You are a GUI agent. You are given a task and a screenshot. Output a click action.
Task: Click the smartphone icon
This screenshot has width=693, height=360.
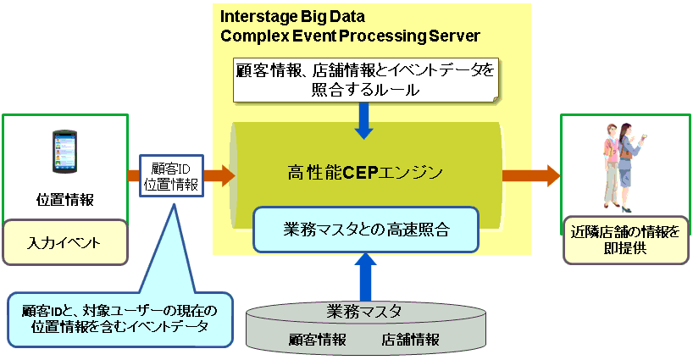click(64, 152)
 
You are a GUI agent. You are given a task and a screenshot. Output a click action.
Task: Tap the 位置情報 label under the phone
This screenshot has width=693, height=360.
click(65, 200)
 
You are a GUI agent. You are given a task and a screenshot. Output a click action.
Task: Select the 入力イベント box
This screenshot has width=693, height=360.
click(65, 242)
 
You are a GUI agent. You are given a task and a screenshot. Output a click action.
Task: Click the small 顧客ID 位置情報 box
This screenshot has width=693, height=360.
click(171, 176)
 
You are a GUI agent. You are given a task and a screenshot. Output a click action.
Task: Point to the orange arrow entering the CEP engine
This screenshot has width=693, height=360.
click(219, 175)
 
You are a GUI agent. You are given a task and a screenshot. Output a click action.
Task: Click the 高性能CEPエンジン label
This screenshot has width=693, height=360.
click(365, 172)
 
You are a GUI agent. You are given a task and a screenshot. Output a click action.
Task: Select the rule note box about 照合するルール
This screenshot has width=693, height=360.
click(366, 80)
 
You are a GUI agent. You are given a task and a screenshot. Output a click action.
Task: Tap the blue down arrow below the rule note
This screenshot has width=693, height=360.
click(363, 120)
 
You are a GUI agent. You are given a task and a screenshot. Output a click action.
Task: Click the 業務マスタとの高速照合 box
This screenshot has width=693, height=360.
click(366, 230)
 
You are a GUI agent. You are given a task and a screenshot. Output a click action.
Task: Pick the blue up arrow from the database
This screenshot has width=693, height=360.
click(365, 276)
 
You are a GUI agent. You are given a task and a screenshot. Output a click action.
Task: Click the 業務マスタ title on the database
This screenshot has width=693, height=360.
click(364, 312)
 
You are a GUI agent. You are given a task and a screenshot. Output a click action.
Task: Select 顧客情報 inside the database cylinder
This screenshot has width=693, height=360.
click(318, 339)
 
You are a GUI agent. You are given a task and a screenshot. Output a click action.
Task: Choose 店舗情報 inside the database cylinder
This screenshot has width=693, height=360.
click(411, 339)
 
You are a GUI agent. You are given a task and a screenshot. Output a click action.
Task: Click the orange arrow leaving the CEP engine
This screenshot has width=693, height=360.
click(531, 176)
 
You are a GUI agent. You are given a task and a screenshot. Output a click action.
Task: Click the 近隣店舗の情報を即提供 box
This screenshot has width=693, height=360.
click(625, 240)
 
